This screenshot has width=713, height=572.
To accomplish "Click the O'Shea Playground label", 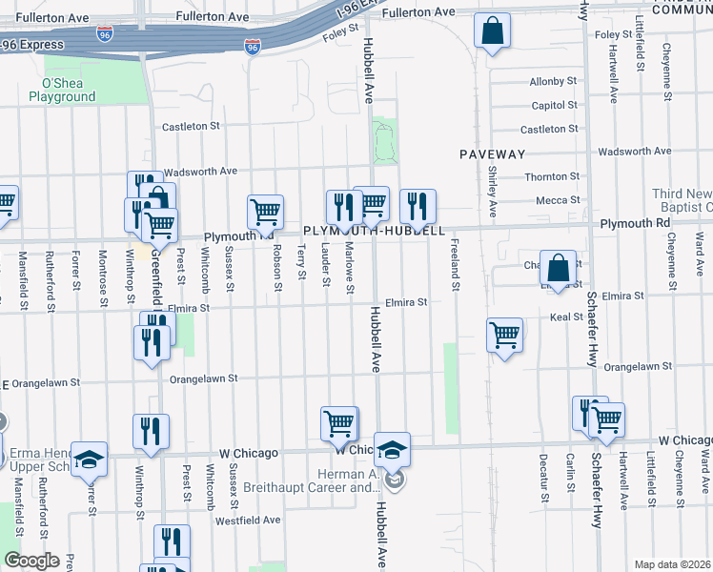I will (x=62, y=90).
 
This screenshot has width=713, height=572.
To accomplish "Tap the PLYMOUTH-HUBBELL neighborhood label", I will (x=374, y=231).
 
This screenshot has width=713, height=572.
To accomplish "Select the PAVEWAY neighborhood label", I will (x=492, y=153).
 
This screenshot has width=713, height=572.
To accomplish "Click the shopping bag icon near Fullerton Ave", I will (x=492, y=31).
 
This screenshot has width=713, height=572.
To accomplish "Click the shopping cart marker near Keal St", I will (x=504, y=336).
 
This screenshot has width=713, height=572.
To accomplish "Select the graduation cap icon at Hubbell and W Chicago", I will (x=392, y=450).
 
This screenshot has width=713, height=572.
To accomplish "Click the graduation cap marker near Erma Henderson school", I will (x=90, y=460).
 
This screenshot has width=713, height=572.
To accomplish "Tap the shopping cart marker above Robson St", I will (x=266, y=212).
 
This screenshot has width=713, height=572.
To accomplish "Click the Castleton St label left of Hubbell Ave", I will (x=191, y=126).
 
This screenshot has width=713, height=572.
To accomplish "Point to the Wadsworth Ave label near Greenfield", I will (x=199, y=172).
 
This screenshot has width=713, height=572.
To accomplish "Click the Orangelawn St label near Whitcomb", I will (x=203, y=379).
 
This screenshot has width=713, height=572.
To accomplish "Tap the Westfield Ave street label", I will (x=248, y=521).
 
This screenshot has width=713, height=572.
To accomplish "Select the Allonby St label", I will (x=554, y=82).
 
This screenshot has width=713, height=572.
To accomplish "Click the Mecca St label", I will (x=558, y=200).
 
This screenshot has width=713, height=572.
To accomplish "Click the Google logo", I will (x=31, y=561).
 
